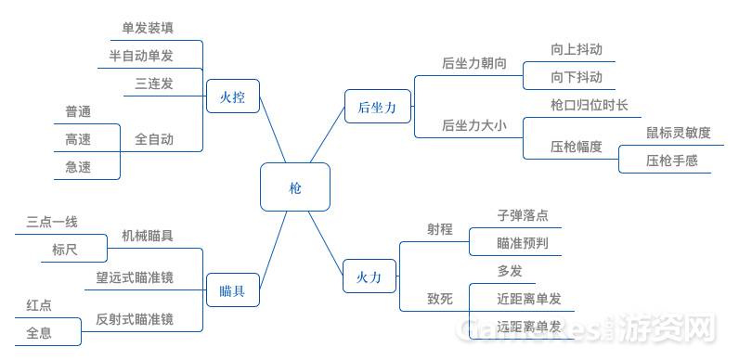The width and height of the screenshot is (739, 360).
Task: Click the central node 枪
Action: (x=295, y=187)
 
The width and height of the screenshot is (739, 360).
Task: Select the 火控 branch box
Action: (x=232, y=96)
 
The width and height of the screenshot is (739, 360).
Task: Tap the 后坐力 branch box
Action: (x=376, y=109)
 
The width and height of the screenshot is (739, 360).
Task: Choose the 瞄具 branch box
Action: (x=232, y=291)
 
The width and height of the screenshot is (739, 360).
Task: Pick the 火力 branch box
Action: (x=369, y=277)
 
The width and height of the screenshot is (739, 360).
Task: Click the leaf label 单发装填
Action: (x=148, y=28)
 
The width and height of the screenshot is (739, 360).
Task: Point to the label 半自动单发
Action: (x=141, y=56)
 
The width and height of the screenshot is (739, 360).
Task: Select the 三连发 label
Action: (x=154, y=84)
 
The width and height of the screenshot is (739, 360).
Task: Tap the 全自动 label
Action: (x=154, y=139)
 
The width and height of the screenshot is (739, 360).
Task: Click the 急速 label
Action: (x=78, y=167)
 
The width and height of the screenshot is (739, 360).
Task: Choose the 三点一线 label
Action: (x=52, y=222)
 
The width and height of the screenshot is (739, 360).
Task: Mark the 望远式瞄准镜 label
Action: (x=135, y=277)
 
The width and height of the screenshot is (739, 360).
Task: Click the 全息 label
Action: (x=39, y=331)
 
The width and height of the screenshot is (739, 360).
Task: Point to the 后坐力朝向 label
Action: (x=473, y=64)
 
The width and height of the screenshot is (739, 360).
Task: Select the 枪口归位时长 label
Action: (x=589, y=105)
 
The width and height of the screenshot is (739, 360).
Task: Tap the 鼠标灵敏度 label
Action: (x=679, y=133)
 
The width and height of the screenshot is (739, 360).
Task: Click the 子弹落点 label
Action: (x=523, y=215)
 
